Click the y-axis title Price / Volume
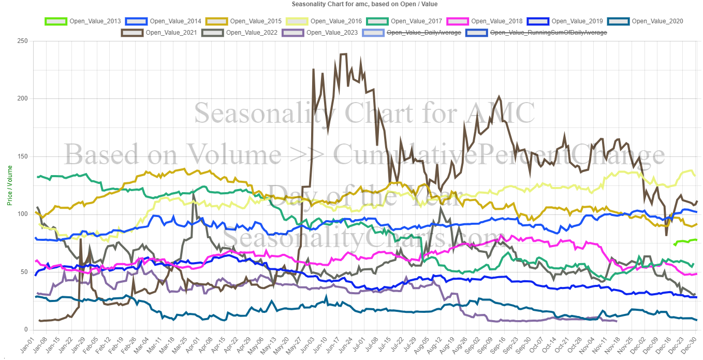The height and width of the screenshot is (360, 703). tap(9, 185)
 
